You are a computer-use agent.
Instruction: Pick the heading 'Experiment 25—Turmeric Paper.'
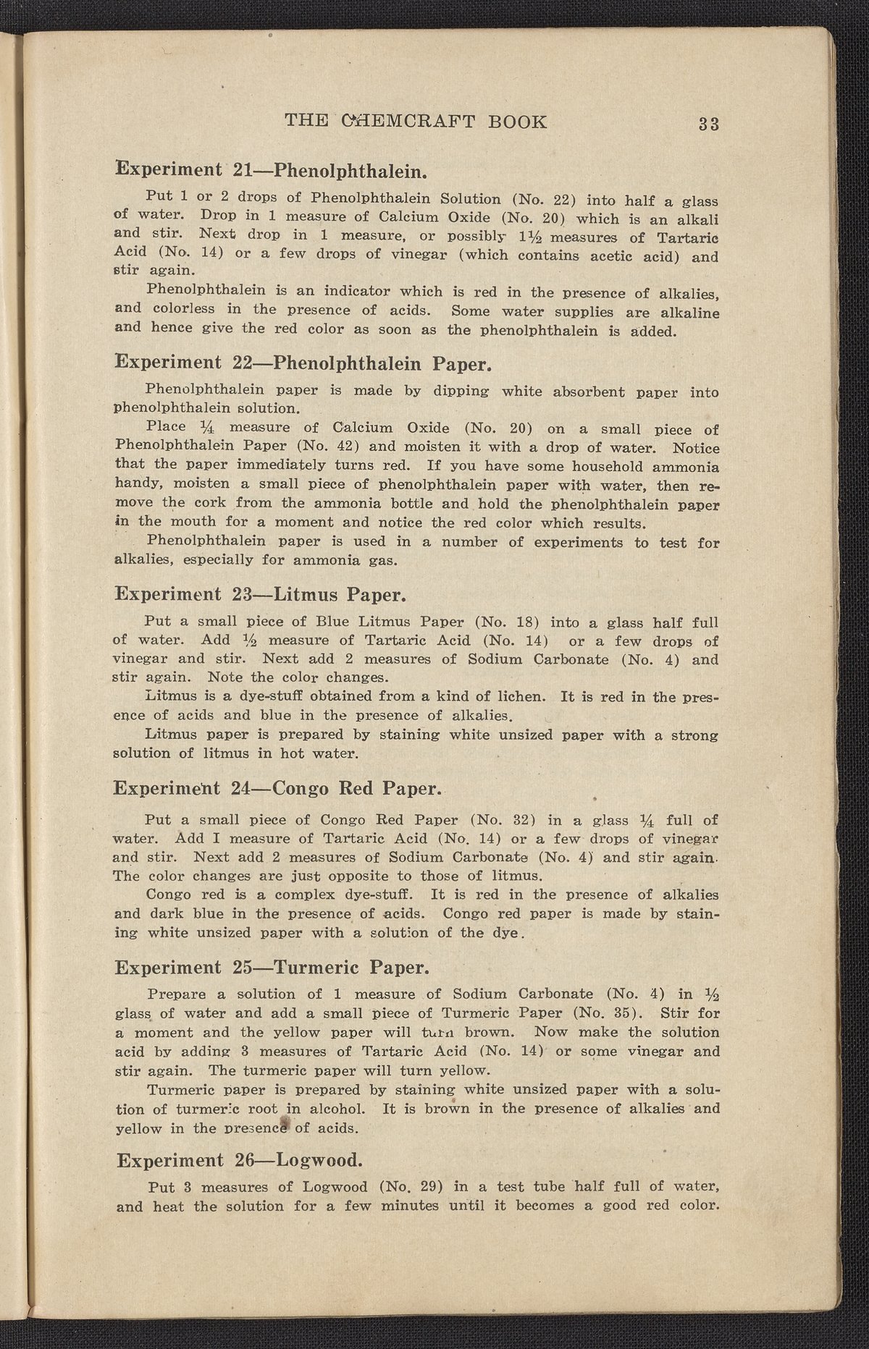tap(273, 967)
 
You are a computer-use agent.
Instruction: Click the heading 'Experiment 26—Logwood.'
tap(239, 1160)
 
